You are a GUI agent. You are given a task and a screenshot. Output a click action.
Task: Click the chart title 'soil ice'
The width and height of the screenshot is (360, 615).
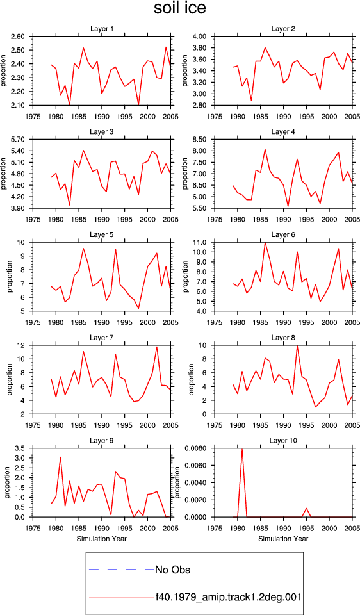[x=179, y=8]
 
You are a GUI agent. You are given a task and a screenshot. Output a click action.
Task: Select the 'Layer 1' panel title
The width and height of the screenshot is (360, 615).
[x=102, y=29]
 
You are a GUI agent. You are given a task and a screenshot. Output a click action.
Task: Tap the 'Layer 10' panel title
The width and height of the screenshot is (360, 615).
[x=283, y=441]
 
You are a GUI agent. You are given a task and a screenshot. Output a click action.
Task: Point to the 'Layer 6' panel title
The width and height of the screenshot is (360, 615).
[x=283, y=234]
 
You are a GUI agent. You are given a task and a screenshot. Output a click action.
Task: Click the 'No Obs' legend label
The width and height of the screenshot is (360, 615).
[x=172, y=569]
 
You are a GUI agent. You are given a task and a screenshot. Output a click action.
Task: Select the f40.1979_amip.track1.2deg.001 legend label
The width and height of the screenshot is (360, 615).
[x=228, y=597]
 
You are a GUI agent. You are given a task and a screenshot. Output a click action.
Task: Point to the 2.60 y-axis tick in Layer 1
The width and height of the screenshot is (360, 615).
[x=18, y=37]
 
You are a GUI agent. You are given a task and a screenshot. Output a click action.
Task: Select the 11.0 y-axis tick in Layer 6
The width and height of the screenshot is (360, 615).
[x=200, y=242]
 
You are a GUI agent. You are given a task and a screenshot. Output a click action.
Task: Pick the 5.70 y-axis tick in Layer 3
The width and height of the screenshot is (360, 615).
[x=18, y=139]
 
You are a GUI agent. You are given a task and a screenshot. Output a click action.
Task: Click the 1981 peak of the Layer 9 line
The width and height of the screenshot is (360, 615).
[x=60, y=457]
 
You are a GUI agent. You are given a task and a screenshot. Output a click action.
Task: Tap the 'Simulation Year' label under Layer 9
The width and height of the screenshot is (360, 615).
[x=102, y=539]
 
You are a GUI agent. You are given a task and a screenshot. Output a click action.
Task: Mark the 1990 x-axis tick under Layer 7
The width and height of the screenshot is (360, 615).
[x=102, y=425]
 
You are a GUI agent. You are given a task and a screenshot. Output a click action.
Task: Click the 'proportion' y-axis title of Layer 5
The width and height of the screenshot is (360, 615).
[x=10, y=277]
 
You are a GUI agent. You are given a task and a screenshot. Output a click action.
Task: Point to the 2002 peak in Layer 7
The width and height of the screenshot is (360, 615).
[x=157, y=347]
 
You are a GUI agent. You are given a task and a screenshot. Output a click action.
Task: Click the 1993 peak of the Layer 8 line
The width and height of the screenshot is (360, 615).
[x=297, y=345]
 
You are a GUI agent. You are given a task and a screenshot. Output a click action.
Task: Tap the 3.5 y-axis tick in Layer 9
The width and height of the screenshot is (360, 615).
[x=20, y=448]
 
